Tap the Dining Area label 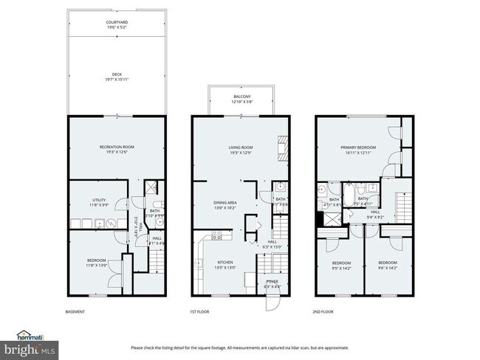click(225, 204)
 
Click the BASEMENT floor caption click(76, 312)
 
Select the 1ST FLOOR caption click(199, 312)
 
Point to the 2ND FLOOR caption click(323, 312)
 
